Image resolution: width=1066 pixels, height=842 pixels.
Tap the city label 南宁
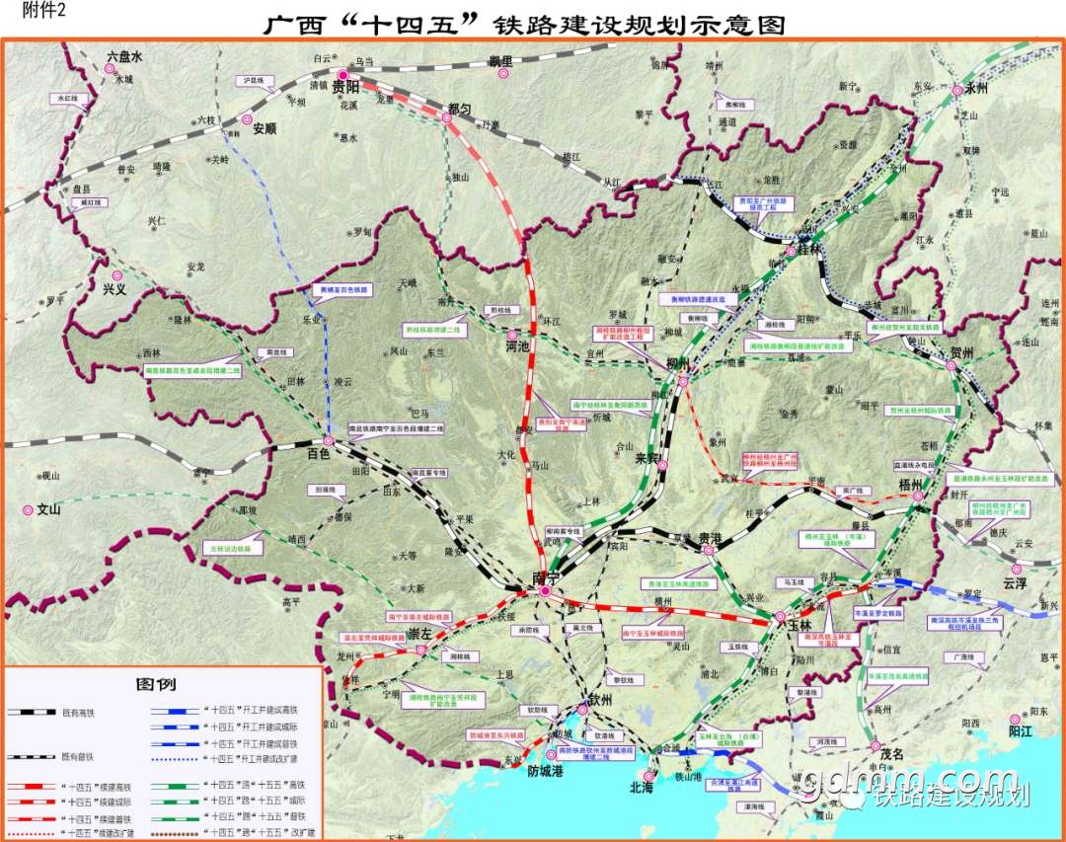(x=545, y=576)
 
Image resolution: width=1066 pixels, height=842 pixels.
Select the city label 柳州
(x=678, y=364)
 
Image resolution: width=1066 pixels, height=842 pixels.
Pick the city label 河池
(x=516, y=346)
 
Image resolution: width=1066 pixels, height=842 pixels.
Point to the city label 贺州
(x=962, y=352)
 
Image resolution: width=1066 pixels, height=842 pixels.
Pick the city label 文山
(x=49, y=510)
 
